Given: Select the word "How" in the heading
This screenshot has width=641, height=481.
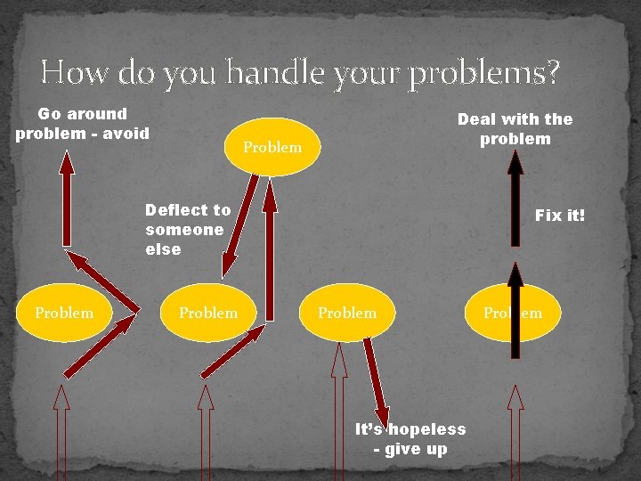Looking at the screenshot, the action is [x=72, y=71].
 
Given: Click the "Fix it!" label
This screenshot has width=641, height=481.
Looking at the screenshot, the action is [x=560, y=216].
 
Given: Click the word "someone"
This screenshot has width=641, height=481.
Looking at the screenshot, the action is [x=184, y=230].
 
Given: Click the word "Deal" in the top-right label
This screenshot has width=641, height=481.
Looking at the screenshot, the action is [x=478, y=118].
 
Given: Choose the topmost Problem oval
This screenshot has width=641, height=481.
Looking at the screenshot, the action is [x=272, y=147].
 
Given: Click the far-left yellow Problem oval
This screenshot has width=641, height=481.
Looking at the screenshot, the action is [x=64, y=313].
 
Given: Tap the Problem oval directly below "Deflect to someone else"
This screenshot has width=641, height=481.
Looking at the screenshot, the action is [x=208, y=313].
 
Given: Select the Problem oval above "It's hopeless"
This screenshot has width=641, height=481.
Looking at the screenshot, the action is [x=347, y=313].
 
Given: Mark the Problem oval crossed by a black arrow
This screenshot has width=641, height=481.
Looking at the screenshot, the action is [x=513, y=313].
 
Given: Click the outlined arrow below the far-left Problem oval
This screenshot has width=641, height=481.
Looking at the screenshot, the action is [x=61, y=433].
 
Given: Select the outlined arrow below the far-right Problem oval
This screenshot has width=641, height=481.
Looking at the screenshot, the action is [x=515, y=433].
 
